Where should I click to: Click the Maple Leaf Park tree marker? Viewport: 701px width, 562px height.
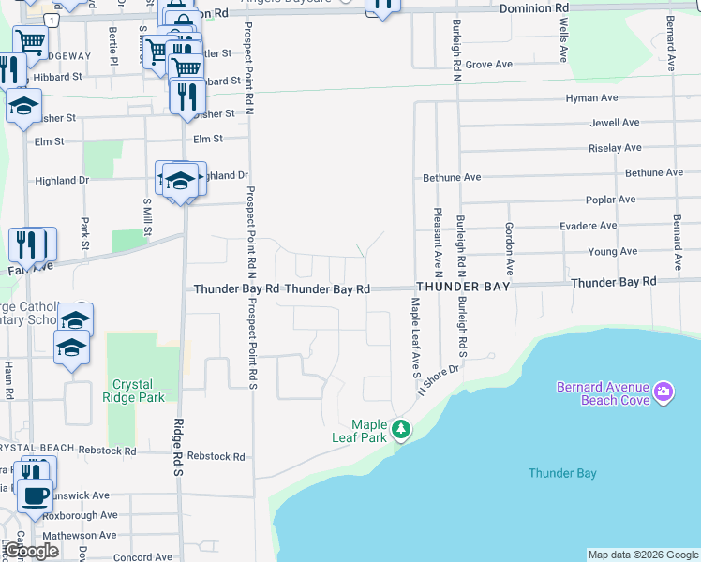401,429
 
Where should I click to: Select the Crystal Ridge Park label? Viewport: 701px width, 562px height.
139,391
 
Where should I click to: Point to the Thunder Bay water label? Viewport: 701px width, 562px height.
562,473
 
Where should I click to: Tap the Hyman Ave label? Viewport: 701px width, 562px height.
591,97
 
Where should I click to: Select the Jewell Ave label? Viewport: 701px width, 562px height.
614,123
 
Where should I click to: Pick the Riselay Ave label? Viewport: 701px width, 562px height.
615,148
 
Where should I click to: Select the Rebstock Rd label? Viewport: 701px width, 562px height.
216,457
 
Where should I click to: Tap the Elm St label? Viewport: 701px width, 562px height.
207,139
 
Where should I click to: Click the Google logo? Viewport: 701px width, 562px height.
32,551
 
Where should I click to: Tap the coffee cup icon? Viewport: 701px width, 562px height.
36,495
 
